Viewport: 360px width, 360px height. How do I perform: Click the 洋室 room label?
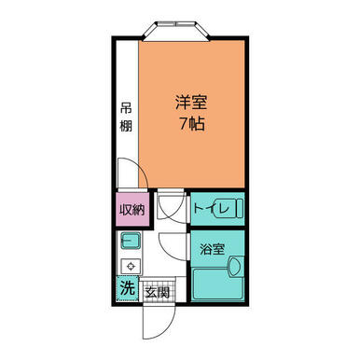(191, 103)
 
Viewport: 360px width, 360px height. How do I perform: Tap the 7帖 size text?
(191, 124)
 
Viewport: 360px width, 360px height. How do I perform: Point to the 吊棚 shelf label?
(126, 118)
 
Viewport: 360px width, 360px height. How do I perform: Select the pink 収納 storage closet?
(132, 210)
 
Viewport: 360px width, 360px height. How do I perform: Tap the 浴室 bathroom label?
(212, 249)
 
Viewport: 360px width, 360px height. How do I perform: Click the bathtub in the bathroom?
(217, 284)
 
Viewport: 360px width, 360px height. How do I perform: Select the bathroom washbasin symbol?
(236, 267)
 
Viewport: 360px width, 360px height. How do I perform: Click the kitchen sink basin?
(131, 241)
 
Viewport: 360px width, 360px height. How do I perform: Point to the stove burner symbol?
(131, 266)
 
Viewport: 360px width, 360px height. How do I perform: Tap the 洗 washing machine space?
(128, 288)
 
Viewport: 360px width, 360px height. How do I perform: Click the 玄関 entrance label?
(158, 293)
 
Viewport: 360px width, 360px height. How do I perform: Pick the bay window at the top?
(176, 31)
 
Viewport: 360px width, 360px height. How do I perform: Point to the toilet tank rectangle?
(240, 208)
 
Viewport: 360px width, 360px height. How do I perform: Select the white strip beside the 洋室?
(127, 114)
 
